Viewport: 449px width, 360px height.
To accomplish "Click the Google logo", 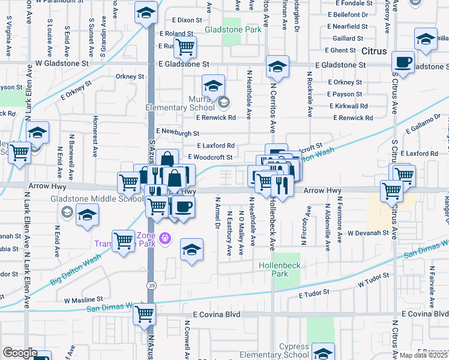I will tap(20, 353).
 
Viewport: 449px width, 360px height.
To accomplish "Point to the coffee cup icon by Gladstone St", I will tap(403, 61).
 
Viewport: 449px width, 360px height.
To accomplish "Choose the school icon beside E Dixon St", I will tap(145, 12).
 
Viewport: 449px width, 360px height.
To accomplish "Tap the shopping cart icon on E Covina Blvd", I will tap(145, 313).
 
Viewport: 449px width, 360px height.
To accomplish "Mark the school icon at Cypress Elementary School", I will tap(324, 352).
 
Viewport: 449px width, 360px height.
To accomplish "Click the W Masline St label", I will tap(84, 299).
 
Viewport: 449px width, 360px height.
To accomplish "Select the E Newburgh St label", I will tap(178, 131).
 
